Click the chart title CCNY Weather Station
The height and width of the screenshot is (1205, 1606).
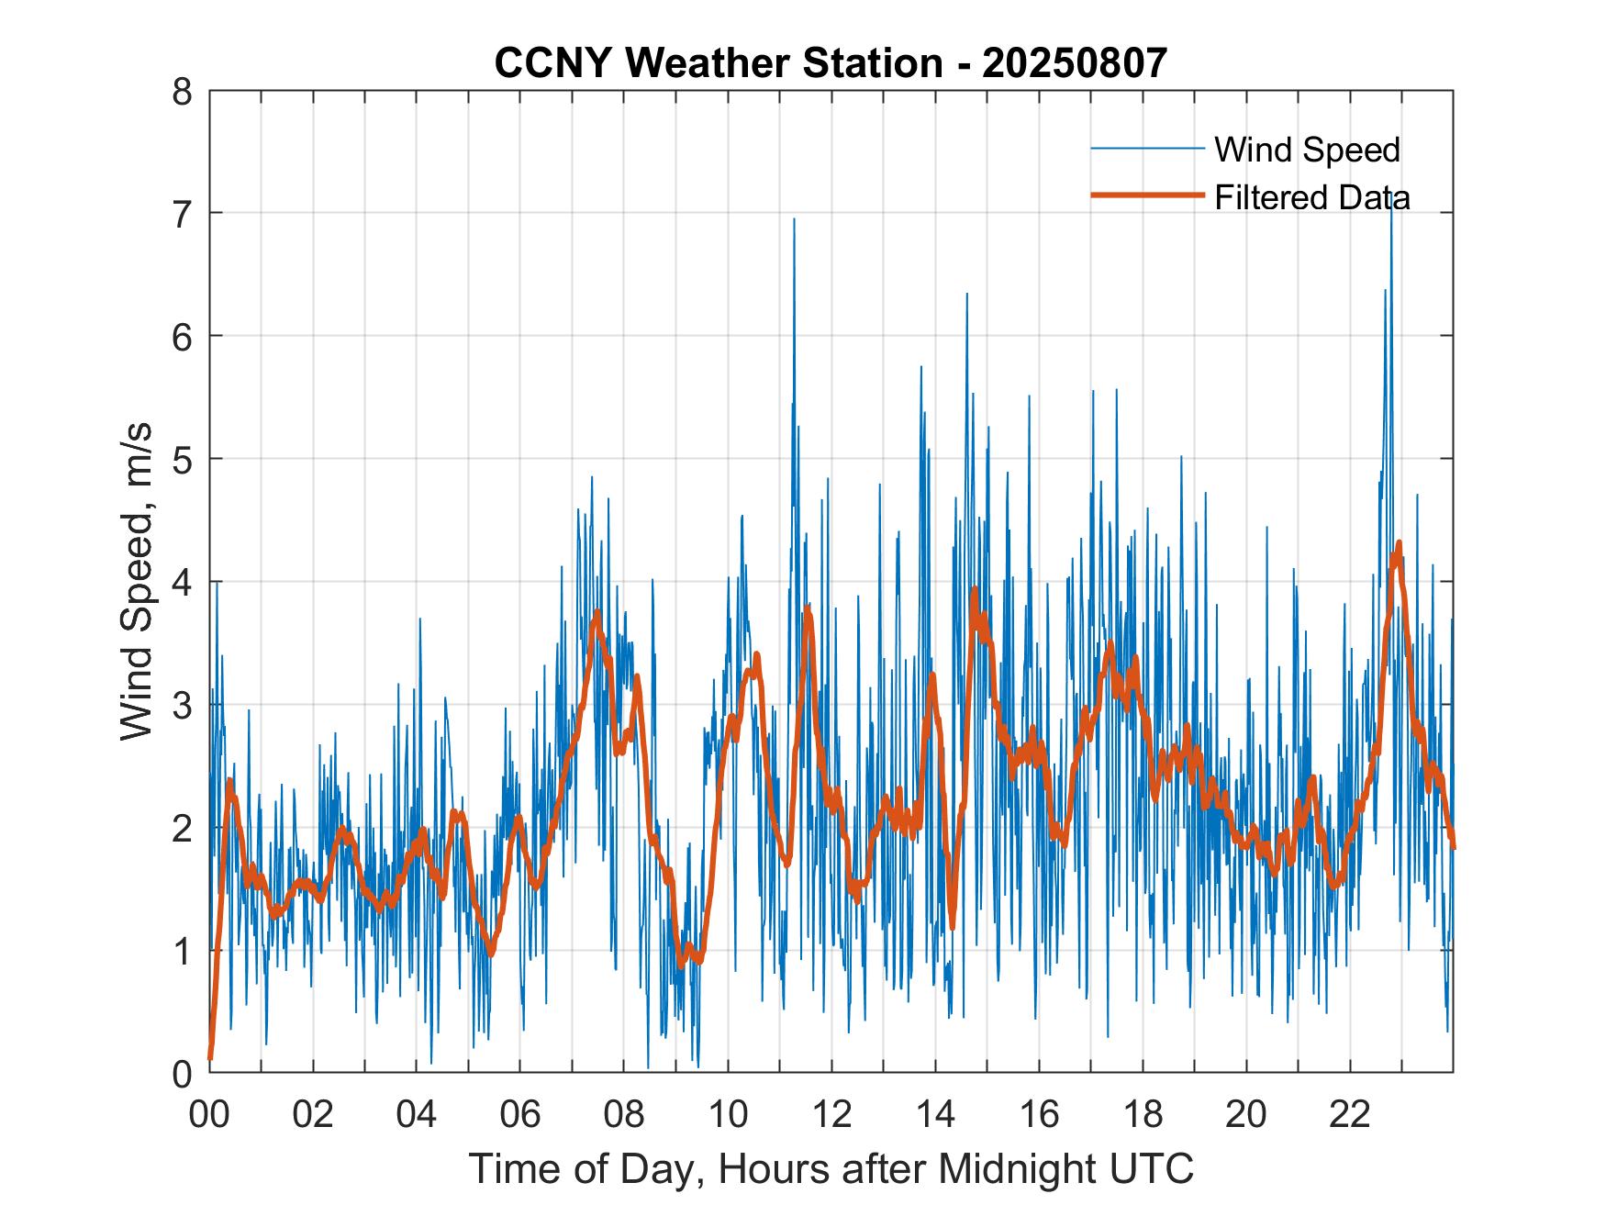[718, 63]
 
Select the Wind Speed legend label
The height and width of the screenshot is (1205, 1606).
[1307, 150]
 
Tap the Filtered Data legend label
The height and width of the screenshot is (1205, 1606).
[1312, 197]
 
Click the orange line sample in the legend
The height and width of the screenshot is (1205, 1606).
[1147, 195]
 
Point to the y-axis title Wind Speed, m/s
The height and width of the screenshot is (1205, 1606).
[138, 582]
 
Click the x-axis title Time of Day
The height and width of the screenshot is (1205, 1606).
[831, 1168]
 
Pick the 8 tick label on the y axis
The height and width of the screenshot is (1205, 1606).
[184, 91]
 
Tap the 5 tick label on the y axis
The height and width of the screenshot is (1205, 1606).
[184, 459]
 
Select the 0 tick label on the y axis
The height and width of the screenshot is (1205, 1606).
[184, 1073]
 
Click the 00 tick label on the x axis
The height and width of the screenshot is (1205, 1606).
[209, 1114]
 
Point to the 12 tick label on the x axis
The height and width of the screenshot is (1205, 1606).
[831, 1114]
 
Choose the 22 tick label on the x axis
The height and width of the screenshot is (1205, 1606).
[1350, 1114]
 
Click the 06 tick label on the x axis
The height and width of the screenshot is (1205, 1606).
[520, 1114]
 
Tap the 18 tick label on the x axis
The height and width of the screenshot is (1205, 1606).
[1143, 1114]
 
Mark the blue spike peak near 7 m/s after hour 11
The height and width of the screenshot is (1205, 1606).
[794, 219]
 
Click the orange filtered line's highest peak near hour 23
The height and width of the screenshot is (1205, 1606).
[1399, 542]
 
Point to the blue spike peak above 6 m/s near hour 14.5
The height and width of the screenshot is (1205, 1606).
[966, 294]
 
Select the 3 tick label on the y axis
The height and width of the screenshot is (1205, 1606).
[184, 705]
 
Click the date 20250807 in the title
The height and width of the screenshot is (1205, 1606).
[1075, 63]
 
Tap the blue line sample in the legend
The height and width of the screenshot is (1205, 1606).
[1147, 148]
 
